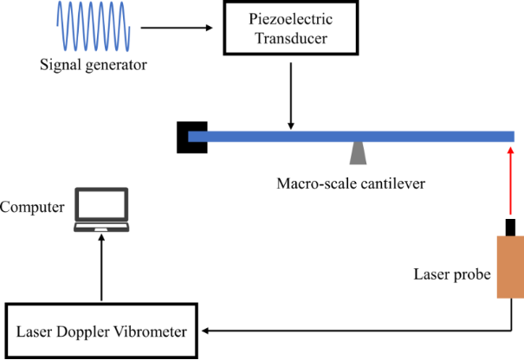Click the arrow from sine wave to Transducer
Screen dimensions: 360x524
pyautogui.click(x=172, y=29)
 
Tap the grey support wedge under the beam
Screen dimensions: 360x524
pyautogui.click(x=357, y=153)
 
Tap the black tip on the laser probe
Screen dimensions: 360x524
pyautogui.click(x=510, y=227)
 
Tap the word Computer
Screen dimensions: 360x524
pyautogui.click(x=32, y=207)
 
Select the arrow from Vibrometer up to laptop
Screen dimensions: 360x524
pyautogui.click(x=101, y=268)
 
